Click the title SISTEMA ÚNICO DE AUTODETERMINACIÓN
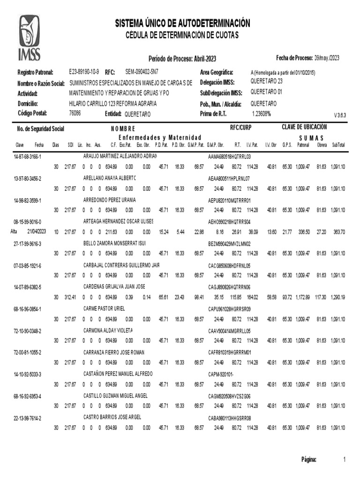(182, 23)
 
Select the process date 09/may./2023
(327, 58)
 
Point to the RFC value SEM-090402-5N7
(142, 72)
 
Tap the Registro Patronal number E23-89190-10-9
(84, 72)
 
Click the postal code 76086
(75, 113)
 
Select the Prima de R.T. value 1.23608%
(261, 113)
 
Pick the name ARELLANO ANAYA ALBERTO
(110, 178)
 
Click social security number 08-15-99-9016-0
(28, 221)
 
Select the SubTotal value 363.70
(338, 232)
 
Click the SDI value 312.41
(70, 297)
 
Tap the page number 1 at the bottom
(344, 459)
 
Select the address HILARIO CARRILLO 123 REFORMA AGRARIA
(113, 103)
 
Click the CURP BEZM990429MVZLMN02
(229, 243)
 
